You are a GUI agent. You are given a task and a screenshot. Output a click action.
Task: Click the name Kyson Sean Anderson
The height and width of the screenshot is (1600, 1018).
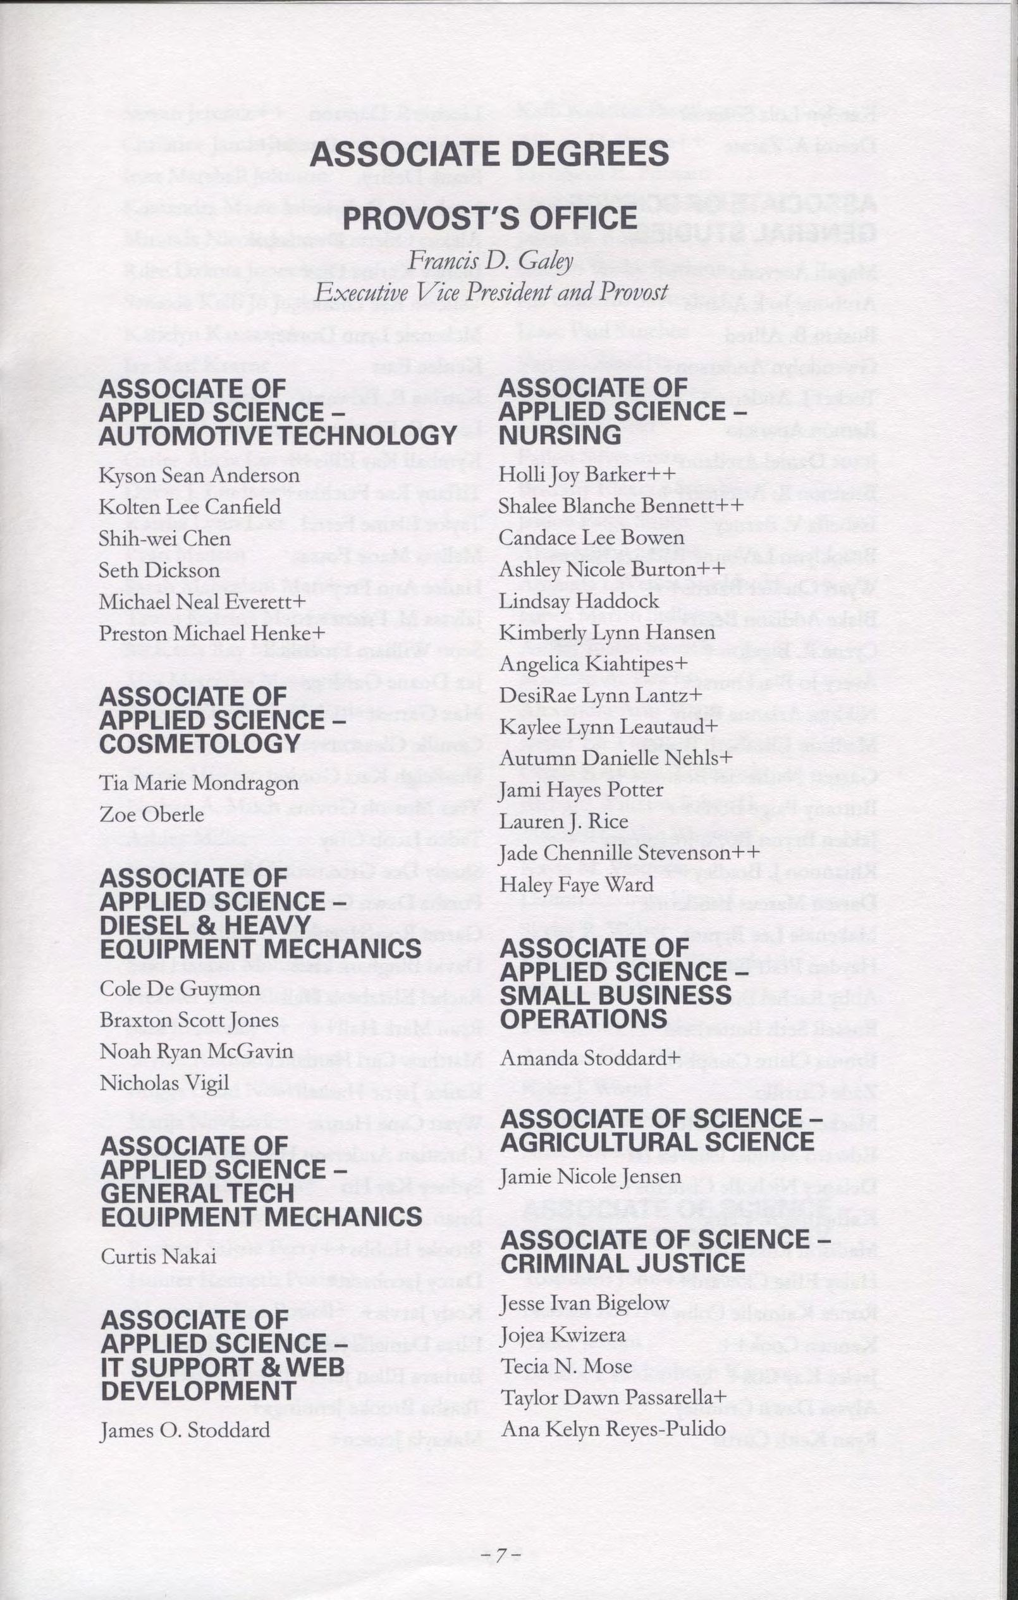tap(199, 476)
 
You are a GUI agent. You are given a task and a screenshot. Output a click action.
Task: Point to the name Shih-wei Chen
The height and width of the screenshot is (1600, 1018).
tap(165, 538)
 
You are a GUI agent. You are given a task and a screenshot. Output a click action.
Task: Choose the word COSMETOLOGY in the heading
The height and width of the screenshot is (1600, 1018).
tap(200, 743)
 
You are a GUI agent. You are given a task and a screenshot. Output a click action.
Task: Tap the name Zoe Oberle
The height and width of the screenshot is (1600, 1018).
tap(152, 814)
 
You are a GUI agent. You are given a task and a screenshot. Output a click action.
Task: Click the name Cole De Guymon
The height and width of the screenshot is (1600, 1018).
tap(180, 989)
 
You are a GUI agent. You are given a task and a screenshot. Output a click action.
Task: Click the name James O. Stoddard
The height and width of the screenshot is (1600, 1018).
tap(185, 1430)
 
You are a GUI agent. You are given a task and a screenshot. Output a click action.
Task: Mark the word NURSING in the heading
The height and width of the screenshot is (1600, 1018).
tap(560, 435)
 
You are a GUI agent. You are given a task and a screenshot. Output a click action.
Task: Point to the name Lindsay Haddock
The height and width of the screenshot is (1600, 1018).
tap(579, 601)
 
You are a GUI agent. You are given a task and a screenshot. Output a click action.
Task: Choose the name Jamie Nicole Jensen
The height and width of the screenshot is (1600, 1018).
tap(591, 1176)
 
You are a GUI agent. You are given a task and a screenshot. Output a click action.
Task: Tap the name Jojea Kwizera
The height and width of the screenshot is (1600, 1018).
tap(563, 1334)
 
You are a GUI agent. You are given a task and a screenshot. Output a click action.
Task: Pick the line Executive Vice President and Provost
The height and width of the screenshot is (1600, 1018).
tap(491, 291)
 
